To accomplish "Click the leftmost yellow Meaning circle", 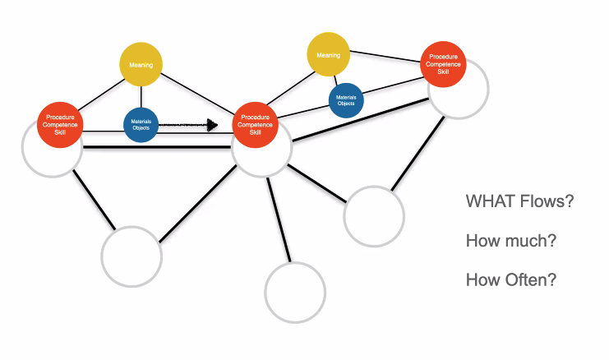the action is click(141, 64).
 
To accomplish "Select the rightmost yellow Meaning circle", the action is click(328, 54).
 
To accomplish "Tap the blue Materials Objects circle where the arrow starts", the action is click(141, 125).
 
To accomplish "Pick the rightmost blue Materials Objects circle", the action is click(346, 100).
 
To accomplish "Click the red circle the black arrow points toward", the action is click(255, 125).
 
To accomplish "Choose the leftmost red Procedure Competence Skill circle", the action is click(60, 125).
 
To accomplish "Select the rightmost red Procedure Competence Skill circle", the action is click(443, 64).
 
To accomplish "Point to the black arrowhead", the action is click(212, 125).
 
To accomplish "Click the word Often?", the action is click(533, 279).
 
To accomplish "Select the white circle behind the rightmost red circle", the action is click(488, 89).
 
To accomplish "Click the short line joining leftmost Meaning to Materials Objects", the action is click(141, 97).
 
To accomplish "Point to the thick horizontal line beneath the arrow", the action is click(157, 147).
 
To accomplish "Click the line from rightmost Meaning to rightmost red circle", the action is click(385, 57).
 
